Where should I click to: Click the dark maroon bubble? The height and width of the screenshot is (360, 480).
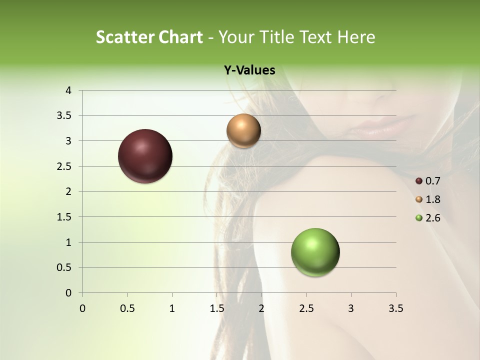pyautogui.click(x=145, y=156)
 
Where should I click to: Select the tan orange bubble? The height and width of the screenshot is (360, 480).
pyautogui.click(x=243, y=131)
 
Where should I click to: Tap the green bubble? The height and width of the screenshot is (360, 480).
pyautogui.click(x=315, y=252)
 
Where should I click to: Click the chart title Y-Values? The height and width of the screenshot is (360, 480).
pyautogui.click(x=249, y=70)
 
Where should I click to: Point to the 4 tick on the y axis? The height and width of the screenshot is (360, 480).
pyautogui.click(x=68, y=90)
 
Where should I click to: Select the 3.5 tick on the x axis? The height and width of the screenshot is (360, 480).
pyautogui.click(x=395, y=308)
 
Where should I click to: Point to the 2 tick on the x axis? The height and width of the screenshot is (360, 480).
pyautogui.click(x=261, y=308)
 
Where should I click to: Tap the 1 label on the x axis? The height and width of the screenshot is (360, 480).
pyautogui.click(x=172, y=308)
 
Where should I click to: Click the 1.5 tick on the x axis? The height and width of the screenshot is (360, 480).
pyautogui.click(x=216, y=308)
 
